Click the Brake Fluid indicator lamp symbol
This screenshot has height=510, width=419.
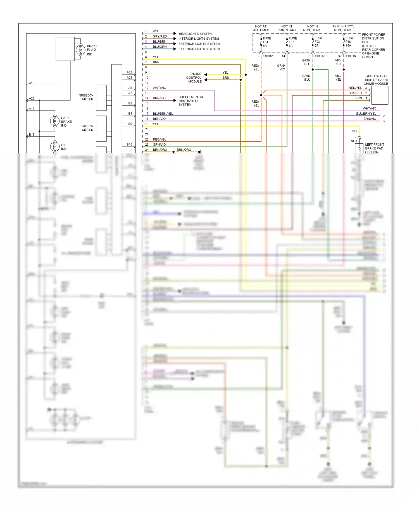coord(80,50)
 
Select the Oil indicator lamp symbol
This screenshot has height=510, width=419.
coord(55,146)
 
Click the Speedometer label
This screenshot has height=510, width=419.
coord(86,97)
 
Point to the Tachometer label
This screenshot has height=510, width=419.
coord(87,128)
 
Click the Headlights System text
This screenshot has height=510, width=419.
coord(196,34)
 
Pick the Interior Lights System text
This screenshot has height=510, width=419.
coord(199,39)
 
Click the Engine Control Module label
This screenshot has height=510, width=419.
coord(194,78)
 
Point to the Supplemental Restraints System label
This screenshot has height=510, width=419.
coord(191,101)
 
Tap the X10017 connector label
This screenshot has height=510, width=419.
coord(319,56)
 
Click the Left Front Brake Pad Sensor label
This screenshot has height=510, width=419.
coord(374,148)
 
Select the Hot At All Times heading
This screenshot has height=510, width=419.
coord(261,28)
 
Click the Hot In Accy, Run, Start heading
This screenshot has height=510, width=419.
coord(343,28)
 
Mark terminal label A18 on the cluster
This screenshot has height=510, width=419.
coord(32,83)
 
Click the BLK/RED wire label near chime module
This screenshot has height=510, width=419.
coord(355,93)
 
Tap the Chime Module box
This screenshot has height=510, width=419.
coord(380,95)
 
